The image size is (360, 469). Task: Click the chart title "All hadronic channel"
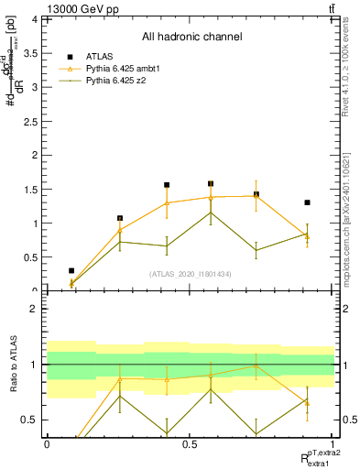coord(191,37)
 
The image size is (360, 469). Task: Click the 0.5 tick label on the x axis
coord(190,443)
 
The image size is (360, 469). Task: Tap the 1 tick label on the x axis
coord(333,443)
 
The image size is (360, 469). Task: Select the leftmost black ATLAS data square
coord(71,271)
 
